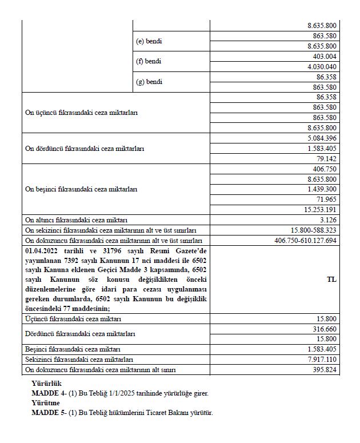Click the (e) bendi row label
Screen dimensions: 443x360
149,41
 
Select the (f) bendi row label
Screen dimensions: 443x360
149,61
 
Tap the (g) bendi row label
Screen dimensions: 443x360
149,82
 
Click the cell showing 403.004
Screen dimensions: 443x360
326,57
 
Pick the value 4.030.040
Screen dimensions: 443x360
323,67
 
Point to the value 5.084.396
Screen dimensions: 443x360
323,138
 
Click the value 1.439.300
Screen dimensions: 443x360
323,189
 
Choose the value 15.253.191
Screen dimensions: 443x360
322,209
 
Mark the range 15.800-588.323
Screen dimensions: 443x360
314,230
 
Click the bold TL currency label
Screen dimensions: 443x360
331,280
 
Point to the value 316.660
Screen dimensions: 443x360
326,329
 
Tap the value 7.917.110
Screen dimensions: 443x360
323,360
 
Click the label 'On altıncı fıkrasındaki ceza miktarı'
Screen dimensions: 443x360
76,219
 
